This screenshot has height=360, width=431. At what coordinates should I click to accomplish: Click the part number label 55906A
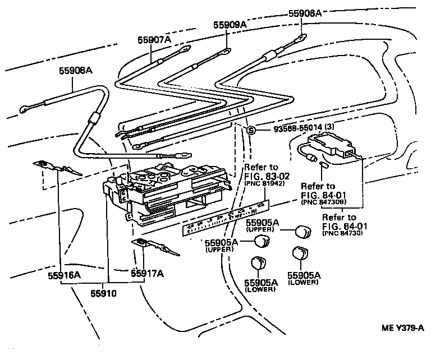(305, 13)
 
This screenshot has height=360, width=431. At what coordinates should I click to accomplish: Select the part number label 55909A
(230, 25)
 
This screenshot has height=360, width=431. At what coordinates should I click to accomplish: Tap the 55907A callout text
(154, 40)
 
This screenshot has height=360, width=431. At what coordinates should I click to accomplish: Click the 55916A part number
(64, 274)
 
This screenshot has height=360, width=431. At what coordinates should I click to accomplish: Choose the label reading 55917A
(147, 274)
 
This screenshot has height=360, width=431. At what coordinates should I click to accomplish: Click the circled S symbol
(251, 131)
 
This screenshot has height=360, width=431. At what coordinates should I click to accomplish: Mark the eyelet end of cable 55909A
(224, 52)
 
